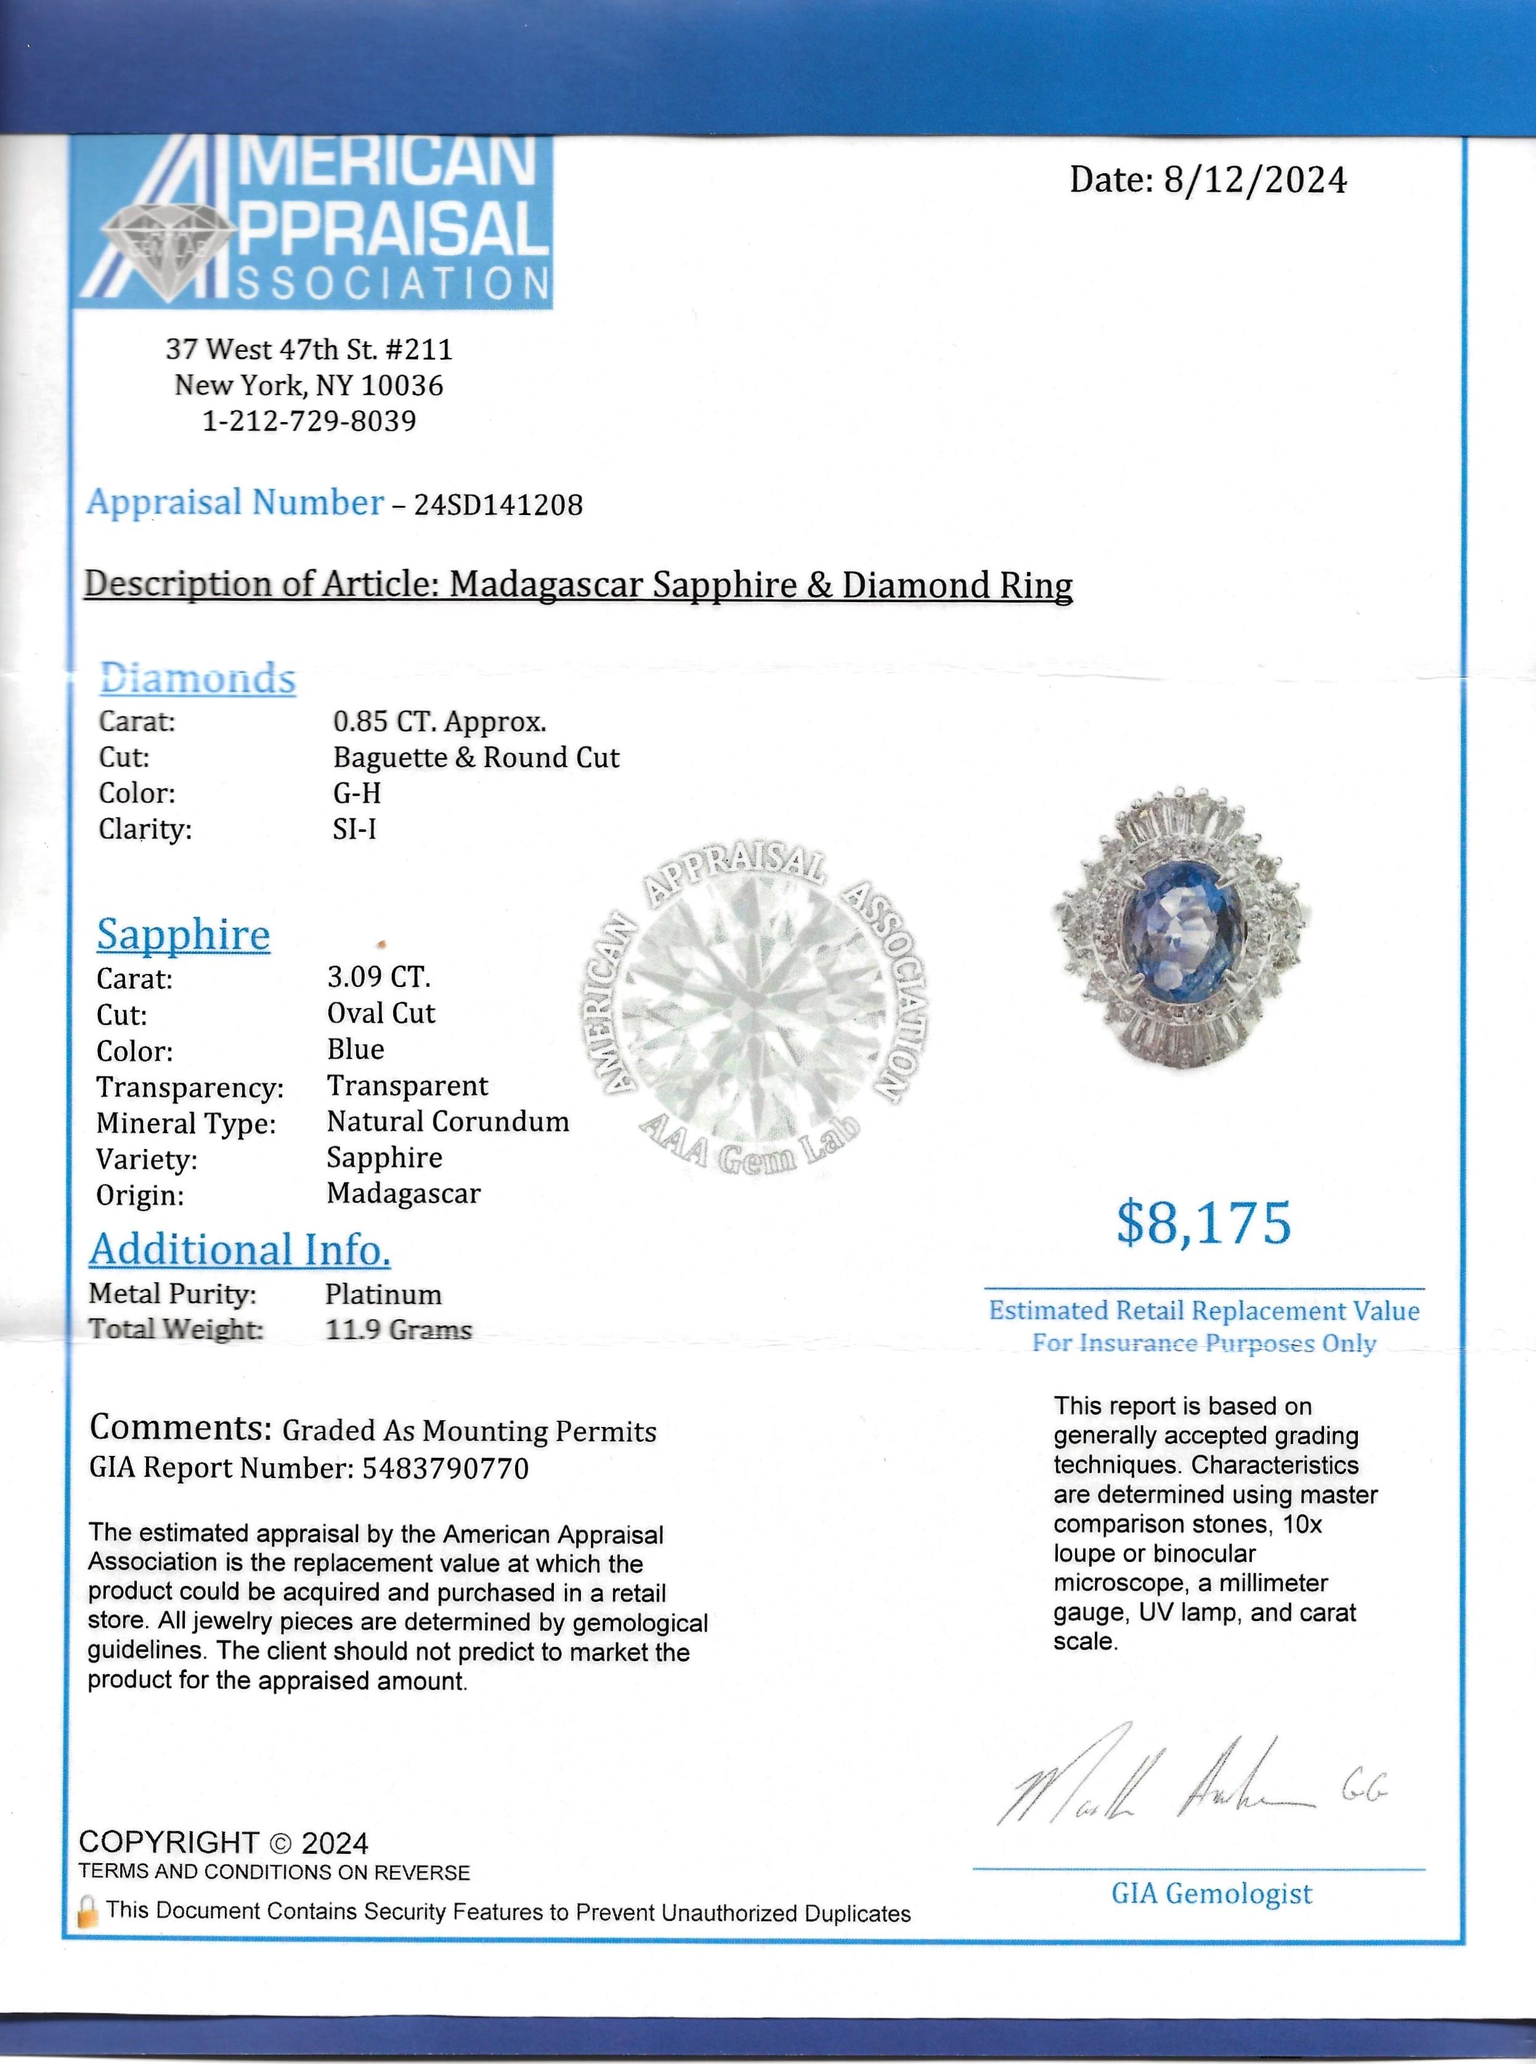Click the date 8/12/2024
1254,179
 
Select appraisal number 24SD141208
498,505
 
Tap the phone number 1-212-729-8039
310,421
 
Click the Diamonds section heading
197,679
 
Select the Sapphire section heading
183,935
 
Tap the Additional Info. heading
240,1249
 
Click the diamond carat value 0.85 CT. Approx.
440,721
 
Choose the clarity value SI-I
354,829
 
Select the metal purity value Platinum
383,1294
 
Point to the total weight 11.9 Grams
399,1330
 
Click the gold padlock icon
88,1912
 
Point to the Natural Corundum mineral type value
448,1122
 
